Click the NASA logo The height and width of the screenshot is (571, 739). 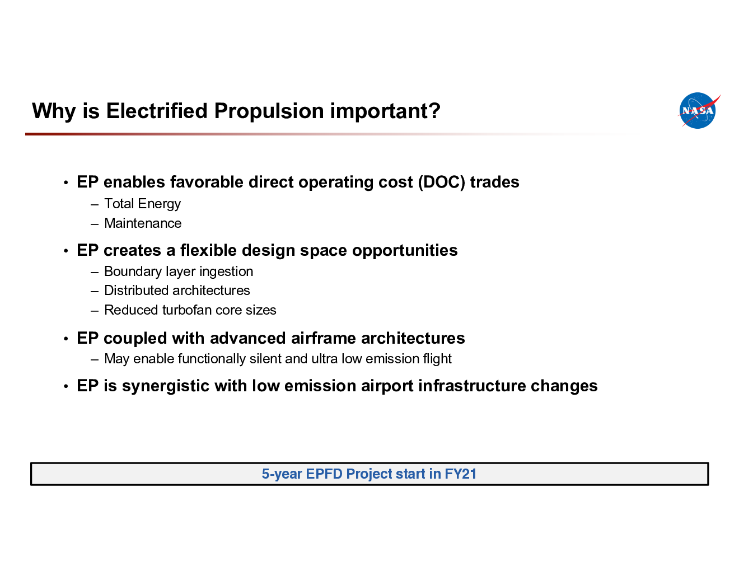click(x=698, y=110)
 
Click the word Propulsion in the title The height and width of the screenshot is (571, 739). click(x=269, y=111)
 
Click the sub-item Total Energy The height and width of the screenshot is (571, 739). click(x=143, y=204)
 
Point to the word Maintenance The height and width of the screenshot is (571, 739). click(x=143, y=223)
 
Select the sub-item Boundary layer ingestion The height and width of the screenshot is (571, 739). click(x=179, y=272)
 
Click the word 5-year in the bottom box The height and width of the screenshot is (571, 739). click(x=282, y=474)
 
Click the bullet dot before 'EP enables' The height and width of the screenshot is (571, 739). click(x=66, y=182)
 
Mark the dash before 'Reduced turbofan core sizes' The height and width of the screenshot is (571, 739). click(x=95, y=311)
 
